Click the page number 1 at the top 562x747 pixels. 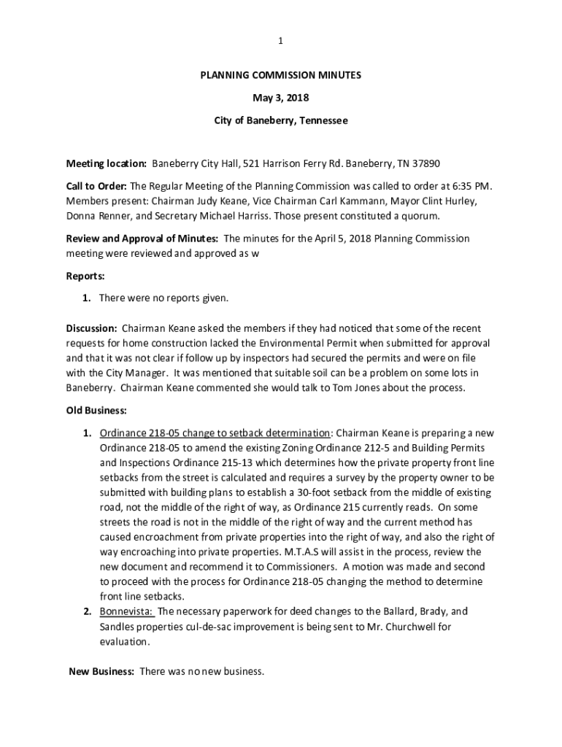coord(281,42)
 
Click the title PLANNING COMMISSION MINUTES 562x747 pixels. coord(281,75)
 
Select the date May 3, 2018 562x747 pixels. coord(281,98)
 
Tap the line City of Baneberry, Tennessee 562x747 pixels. coord(281,120)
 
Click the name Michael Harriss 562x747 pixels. coord(241,217)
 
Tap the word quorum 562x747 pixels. coord(420,217)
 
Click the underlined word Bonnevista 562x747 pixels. coord(126,611)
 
